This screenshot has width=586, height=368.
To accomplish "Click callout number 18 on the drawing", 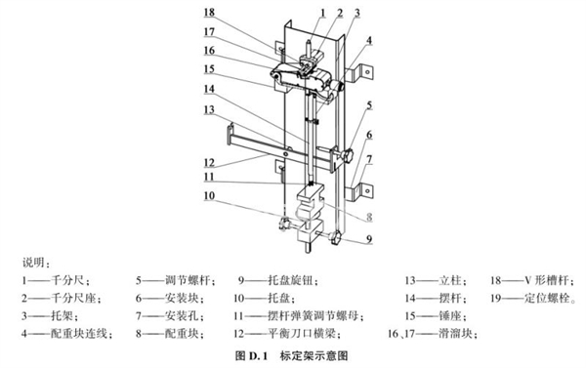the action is point(209,13).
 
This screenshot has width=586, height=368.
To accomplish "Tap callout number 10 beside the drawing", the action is point(209,195).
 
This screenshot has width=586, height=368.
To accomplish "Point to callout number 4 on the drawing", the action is point(369,40).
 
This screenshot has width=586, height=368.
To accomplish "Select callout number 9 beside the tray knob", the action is point(369,239).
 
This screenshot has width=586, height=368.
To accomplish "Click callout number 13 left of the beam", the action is point(209,109).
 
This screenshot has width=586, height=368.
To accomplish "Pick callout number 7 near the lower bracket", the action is point(369,159).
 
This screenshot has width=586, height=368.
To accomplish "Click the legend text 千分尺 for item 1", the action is point(67,280).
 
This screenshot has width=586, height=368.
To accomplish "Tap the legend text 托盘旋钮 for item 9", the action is point(290,280).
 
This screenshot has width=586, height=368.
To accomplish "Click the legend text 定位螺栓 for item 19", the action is point(546,298).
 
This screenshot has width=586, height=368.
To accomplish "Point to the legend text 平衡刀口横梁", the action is point(301,333).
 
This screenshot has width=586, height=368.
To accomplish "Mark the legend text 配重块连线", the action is point(78,333).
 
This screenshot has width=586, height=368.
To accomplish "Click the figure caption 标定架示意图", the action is point(314,355).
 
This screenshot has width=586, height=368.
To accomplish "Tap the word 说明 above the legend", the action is point(33,263).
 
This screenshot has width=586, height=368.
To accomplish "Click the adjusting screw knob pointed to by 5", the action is point(348,155).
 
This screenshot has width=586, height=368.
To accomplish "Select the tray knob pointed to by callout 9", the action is point(335,237).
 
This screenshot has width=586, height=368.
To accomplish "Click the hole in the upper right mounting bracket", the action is point(368,71).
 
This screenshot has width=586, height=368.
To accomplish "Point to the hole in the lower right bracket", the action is point(367,191).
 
